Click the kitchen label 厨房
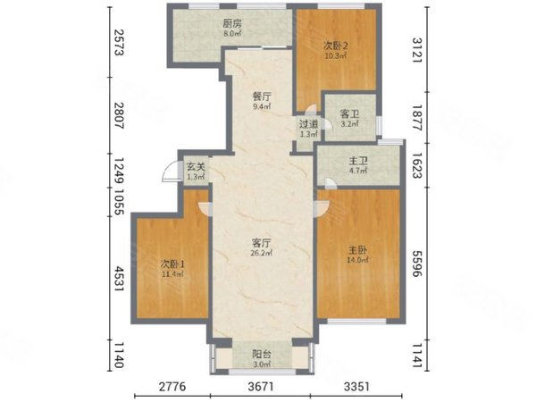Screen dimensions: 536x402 (232, 23)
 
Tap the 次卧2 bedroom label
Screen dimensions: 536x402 (335, 46)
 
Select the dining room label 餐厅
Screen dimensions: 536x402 (262, 96)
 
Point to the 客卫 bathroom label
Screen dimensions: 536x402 (349, 113)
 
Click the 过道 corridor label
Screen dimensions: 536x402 (309, 124)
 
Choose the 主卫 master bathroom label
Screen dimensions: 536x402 (358, 161)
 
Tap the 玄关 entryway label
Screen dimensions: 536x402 (196, 167)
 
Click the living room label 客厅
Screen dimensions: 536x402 (262, 243)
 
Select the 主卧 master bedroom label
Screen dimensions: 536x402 (358, 250)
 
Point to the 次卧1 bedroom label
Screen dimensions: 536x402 (172, 264)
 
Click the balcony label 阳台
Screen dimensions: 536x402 (262, 355)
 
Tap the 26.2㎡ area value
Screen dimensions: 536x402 (262, 254)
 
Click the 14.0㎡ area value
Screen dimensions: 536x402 (358, 261)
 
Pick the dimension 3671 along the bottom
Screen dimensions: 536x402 (261, 387)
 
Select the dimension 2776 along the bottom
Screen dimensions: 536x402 (172, 387)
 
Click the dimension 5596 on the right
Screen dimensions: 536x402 (417, 264)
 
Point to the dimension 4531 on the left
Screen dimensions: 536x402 (118, 279)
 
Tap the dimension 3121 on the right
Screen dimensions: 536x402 (417, 50)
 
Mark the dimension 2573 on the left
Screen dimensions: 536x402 (118, 42)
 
